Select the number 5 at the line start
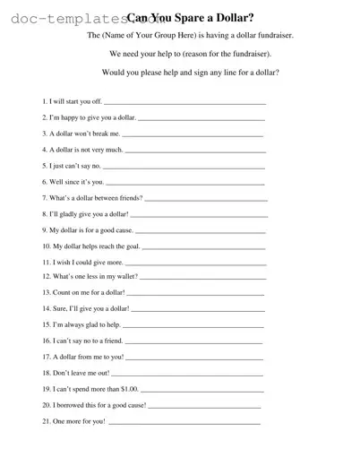click(44, 166)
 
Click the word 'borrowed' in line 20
click(73, 405)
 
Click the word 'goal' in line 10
click(129, 246)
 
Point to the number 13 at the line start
click(46, 293)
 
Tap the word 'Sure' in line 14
click(61, 309)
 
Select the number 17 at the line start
click(46, 357)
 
